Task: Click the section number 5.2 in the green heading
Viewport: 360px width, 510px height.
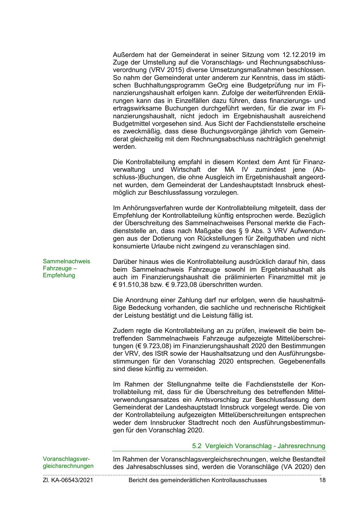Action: (x=197, y=446)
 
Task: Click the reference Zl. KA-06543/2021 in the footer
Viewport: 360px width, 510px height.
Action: (x=68, y=480)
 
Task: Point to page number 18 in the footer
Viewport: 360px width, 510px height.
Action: (x=322, y=480)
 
